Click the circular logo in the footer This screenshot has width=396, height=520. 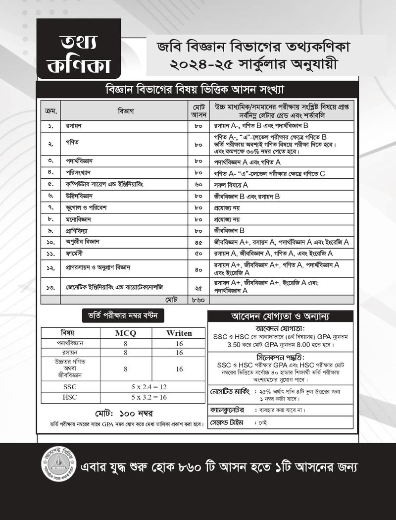pyautogui.click(x=58, y=467)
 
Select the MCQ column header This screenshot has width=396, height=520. pyautogui.click(x=125, y=333)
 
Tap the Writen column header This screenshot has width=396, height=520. pyautogui.click(x=179, y=333)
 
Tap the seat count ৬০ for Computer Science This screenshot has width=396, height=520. pyautogui.click(x=198, y=184)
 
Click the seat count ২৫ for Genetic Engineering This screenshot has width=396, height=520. pyautogui.click(x=198, y=287)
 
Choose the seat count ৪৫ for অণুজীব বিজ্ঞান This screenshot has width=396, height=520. pyautogui.click(x=198, y=242)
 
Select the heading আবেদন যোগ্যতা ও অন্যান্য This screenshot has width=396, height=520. pyautogui.click(x=280, y=316)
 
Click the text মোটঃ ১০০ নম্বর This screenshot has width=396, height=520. pyautogui.click(x=123, y=413)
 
